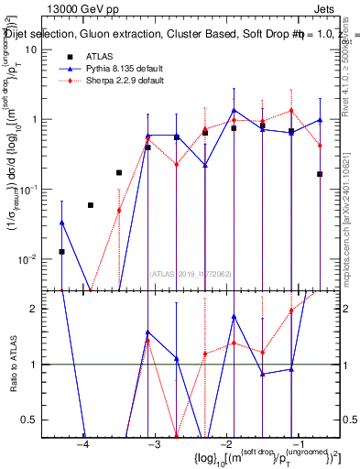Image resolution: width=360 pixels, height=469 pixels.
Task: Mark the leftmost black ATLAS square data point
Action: point(62,251)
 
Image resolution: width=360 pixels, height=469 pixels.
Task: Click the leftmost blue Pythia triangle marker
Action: point(62,223)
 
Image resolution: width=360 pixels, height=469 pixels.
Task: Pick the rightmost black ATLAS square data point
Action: point(320,174)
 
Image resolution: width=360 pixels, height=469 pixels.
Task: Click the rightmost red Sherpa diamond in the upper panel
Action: point(320,146)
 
